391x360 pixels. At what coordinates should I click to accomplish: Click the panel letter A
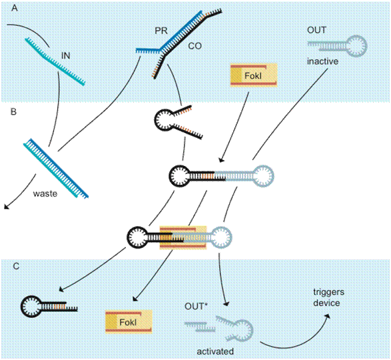15,8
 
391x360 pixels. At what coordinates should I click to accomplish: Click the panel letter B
13,111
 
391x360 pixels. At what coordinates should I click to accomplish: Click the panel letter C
16,267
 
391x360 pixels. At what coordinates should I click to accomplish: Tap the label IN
65,55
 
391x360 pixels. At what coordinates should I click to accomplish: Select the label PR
161,31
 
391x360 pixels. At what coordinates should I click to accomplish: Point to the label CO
195,46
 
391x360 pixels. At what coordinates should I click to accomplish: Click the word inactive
322,61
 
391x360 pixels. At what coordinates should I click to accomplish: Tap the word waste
45,193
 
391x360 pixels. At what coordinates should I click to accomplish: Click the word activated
215,351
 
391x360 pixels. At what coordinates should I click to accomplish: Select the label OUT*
196,306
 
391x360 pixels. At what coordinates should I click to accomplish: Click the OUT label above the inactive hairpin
316,30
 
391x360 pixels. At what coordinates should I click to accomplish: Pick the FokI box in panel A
254,75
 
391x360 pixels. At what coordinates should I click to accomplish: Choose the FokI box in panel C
129,322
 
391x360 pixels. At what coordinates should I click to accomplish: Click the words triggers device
328,297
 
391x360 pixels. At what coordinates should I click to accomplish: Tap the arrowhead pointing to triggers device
328,316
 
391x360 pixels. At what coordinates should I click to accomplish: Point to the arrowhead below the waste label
7,207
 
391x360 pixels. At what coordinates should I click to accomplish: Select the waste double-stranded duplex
56,168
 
